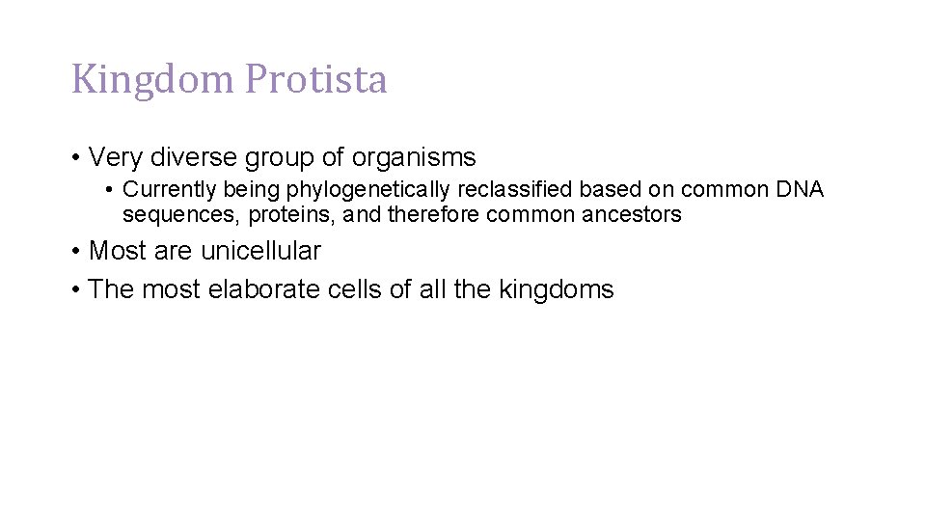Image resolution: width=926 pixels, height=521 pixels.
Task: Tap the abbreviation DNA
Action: pos(800,189)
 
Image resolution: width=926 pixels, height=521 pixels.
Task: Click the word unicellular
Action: pos(260,251)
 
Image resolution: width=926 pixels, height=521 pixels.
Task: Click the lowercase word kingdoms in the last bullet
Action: pos(556,289)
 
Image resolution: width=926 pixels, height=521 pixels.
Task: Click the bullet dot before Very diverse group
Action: pos(75,157)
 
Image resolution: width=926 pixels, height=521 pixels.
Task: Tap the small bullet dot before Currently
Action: pos(112,190)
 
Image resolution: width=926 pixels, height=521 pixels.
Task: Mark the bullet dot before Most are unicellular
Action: pos(75,252)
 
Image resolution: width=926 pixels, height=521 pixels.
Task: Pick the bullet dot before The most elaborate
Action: pos(75,290)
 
